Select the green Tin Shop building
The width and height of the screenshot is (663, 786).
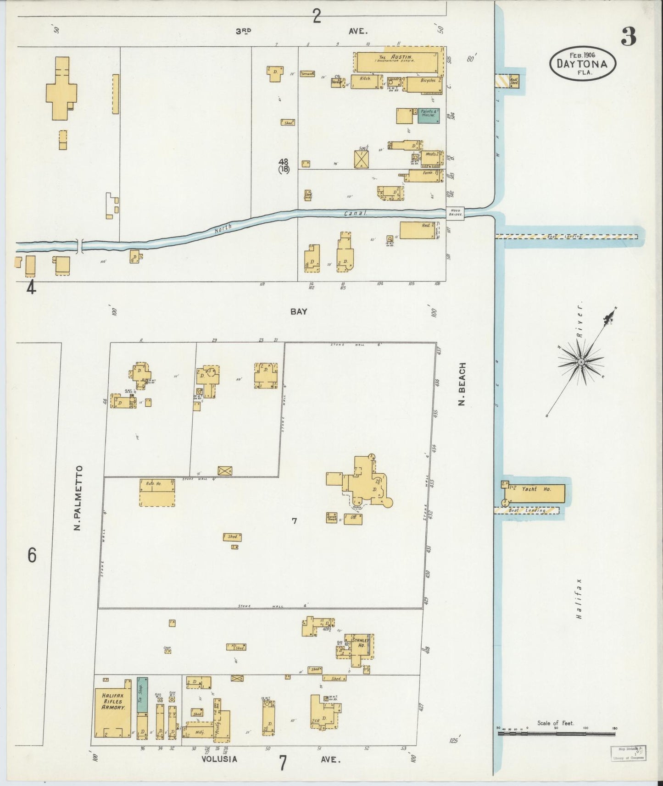(x=142, y=694)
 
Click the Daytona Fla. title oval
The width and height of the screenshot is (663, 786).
(x=582, y=63)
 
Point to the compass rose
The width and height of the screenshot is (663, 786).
(x=581, y=362)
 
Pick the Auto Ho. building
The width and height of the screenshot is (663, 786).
(x=157, y=493)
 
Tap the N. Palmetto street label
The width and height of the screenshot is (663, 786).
(x=79, y=498)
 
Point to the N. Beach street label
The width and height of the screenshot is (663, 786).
(x=462, y=384)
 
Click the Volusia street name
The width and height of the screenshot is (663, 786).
(x=219, y=759)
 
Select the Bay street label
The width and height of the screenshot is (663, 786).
(x=299, y=311)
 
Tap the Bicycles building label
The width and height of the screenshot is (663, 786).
(x=427, y=80)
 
